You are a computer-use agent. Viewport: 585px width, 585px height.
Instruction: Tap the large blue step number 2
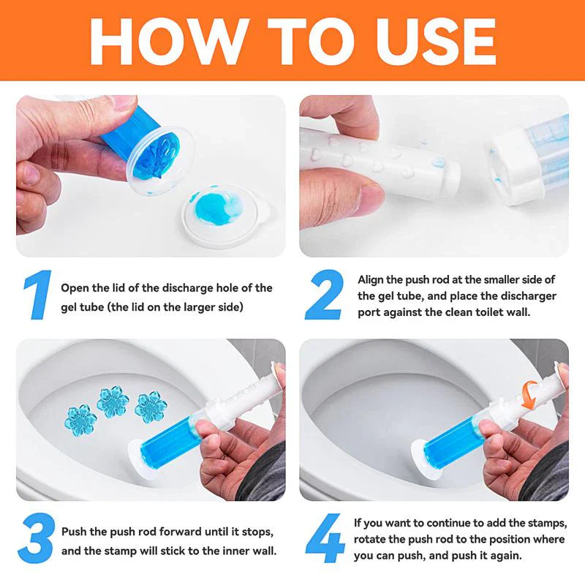(322, 296)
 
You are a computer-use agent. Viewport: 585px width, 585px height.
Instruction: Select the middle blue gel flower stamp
(113, 401)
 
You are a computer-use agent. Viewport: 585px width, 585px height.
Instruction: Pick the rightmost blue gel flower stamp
(150, 407)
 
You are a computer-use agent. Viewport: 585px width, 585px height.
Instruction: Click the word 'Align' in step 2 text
(371, 279)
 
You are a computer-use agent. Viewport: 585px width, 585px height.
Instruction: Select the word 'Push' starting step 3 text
(74, 532)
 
